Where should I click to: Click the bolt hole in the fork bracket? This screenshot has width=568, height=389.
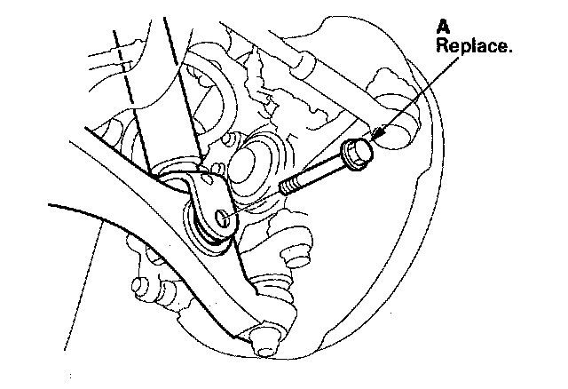click(x=223, y=213)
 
